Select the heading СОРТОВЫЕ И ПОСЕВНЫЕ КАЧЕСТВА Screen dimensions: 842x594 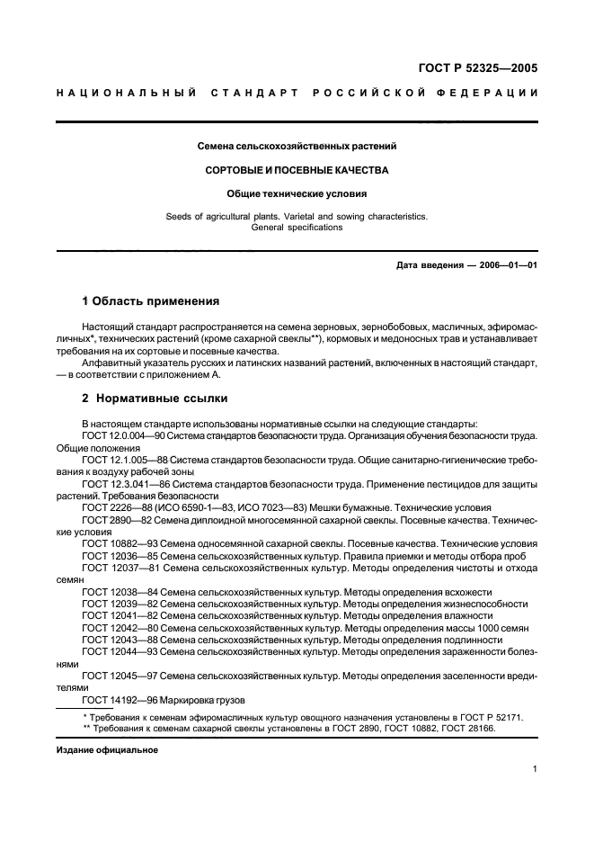click(297, 169)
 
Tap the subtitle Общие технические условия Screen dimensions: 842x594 click(297, 193)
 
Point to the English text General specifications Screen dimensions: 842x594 click(297, 228)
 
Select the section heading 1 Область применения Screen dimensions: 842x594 click(151, 301)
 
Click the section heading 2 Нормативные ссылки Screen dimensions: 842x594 click(155, 398)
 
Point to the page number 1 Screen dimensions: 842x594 click(535, 769)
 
